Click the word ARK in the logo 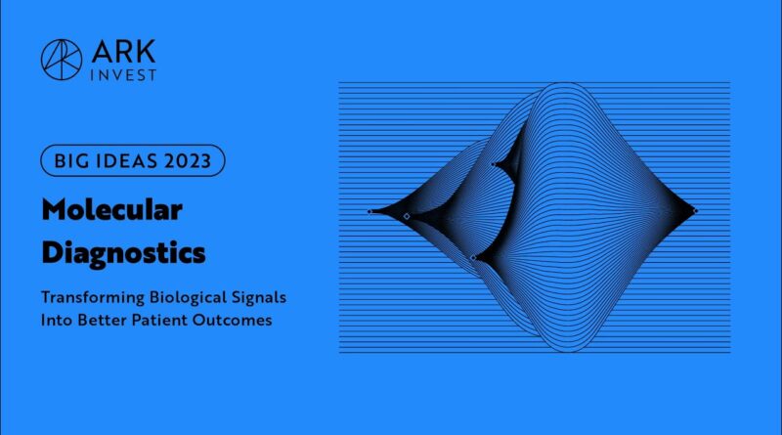tap(124, 52)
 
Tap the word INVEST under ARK tap(123, 75)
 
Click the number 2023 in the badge tap(188, 161)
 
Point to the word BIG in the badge tap(70, 161)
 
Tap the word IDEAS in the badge tap(126, 161)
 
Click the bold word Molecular tap(112, 210)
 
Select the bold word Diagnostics tap(124, 253)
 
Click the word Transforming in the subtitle tap(93, 297)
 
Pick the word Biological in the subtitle tap(188, 297)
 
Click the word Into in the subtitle tap(57, 320)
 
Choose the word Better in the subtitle tap(103, 320)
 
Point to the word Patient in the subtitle tap(159, 320)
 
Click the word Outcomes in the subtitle tap(233, 320)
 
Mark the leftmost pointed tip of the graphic tap(369, 211)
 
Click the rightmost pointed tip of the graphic tap(696, 211)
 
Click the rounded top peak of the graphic tap(564, 83)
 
